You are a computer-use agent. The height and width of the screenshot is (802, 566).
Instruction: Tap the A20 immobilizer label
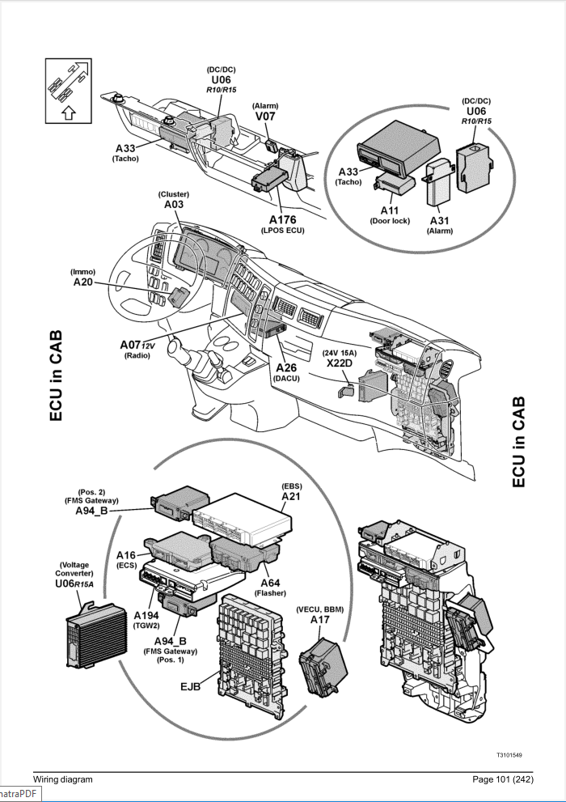click(84, 282)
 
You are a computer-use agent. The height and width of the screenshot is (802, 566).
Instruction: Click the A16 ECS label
click(126, 555)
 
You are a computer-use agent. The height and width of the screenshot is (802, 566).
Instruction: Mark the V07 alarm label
click(265, 116)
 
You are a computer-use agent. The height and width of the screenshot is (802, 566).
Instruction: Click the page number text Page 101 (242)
click(497, 779)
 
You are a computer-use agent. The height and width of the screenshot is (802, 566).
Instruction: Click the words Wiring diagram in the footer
click(64, 779)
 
